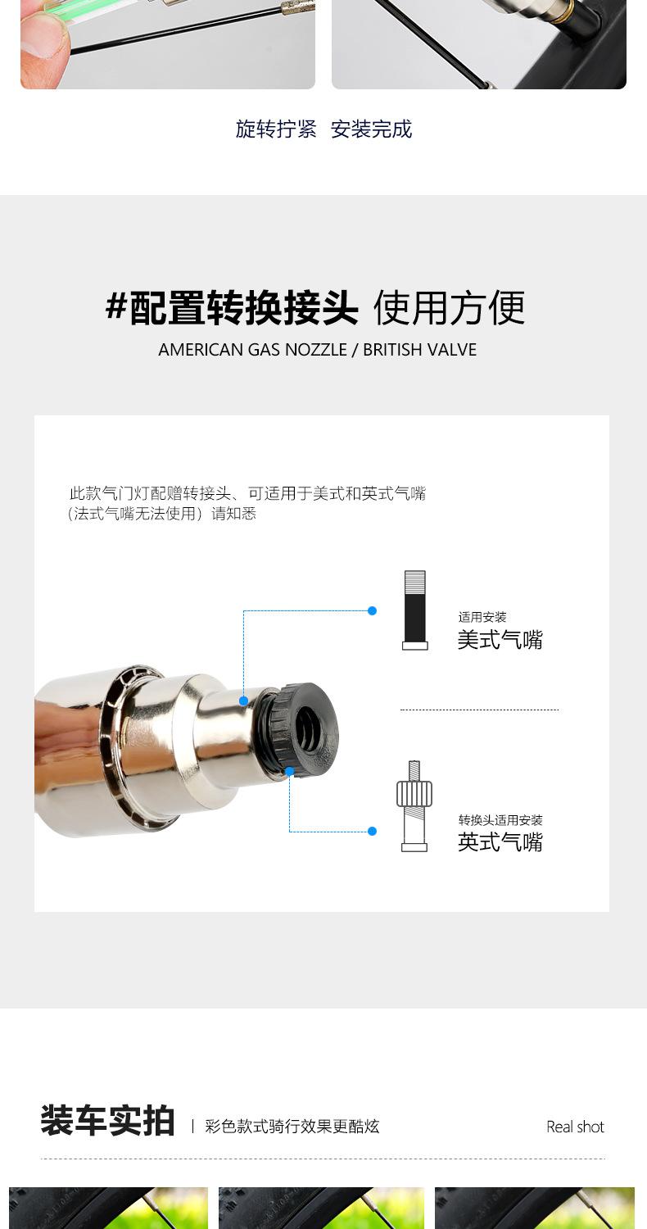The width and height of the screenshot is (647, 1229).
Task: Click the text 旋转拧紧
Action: [x=276, y=129]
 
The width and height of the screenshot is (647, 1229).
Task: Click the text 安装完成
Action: [x=371, y=129]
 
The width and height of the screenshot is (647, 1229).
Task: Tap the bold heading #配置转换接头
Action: [x=233, y=308]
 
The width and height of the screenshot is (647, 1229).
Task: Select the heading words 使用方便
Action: [x=449, y=308]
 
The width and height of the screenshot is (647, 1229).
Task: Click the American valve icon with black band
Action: [x=414, y=610]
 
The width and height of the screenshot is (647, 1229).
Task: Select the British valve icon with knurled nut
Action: [x=414, y=806]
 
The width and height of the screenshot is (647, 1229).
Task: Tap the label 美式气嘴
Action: [x=500, y=640]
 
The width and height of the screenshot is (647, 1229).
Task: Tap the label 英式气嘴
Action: [x=500, y=842]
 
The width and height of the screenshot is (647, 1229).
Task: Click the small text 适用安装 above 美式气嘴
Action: [x=482, y=617]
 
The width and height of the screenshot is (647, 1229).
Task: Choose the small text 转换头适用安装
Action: [x=500, y=820]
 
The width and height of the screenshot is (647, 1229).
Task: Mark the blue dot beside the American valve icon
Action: [x=372, y=610]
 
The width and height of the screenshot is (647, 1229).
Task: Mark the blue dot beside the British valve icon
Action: [x=372, y=831]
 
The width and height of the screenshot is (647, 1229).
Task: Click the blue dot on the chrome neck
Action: [x=243, y=701]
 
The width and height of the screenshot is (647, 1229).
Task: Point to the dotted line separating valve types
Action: [x=479, y=710]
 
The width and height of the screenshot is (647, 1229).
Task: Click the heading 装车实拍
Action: [x=107, y=1121]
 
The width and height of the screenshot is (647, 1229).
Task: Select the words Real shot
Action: [x=575, y=1127]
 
